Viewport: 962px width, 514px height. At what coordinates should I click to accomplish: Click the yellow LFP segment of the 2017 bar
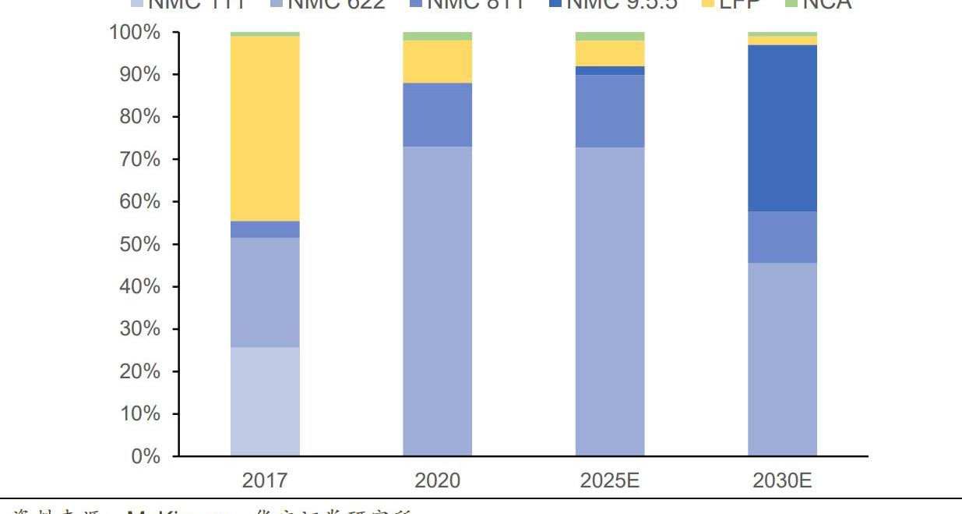point(265,129)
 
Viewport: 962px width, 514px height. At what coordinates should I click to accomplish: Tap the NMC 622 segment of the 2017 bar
point(265,292)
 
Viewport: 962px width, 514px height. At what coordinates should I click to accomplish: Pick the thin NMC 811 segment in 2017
point(265,229)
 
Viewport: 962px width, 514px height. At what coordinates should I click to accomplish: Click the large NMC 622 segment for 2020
point(437,300)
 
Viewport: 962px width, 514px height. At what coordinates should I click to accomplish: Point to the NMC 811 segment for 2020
point(437,115)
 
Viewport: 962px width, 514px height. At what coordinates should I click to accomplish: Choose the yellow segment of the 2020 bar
point(437,62)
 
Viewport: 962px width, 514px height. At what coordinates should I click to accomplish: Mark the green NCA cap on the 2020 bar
point(437,36)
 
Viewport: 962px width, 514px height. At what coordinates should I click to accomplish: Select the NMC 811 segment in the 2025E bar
point(610,111)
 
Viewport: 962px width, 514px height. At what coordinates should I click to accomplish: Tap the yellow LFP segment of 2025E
point(610,53)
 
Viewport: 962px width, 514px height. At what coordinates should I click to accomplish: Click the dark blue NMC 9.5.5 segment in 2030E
point(782,128)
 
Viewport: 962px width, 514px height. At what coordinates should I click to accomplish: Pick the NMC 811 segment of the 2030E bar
point(782,237)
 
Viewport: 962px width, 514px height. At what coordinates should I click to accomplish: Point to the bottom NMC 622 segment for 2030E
point(782,359)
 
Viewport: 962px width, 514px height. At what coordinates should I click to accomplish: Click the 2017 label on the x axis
point(265,480)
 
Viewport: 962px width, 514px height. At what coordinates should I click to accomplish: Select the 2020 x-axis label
point(437,480)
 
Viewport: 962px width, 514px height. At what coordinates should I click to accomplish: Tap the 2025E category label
point(610,480)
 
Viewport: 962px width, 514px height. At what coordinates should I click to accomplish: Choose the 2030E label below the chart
point(782,480)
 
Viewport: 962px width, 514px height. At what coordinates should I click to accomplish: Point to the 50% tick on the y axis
point(139,244)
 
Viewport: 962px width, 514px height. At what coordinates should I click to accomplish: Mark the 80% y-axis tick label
point(139,117)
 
